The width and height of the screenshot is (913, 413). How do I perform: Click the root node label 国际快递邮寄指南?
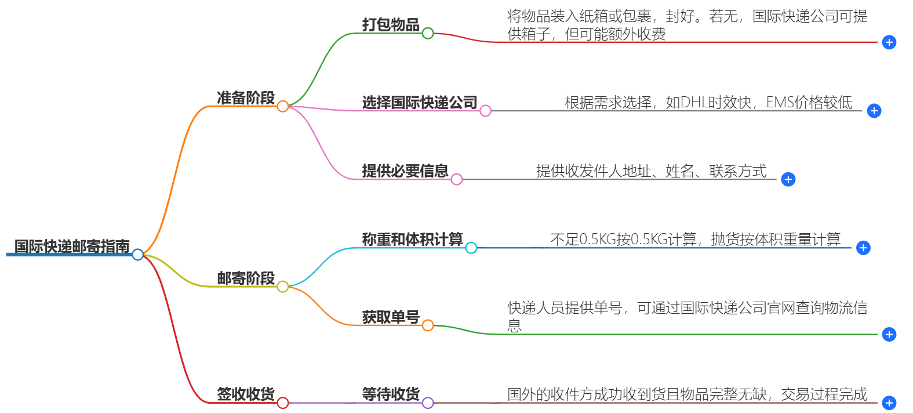pos(72,247)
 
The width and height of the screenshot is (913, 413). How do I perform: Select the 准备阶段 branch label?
pos(246,98)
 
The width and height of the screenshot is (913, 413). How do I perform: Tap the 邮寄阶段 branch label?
pos(246,278)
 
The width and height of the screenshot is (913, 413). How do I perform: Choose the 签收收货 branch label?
pos(246,394)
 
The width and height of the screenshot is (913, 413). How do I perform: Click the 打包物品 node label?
pos(391,25)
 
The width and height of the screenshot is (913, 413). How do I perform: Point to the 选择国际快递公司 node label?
pos(420,103)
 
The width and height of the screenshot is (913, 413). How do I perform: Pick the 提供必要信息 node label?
pos(405,171)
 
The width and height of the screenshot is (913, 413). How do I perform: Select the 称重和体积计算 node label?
pos(412,240)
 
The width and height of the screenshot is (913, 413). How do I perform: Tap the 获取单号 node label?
pos(391,317)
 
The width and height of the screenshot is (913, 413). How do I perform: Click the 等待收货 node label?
pos(391,394)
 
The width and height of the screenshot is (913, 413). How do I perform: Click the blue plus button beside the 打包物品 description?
pos(889,42)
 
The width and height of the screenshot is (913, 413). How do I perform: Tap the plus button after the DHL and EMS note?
pos(874,111)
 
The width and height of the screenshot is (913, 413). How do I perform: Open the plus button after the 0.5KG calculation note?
pos(863,248)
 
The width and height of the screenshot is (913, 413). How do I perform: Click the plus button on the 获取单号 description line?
pos(889,334)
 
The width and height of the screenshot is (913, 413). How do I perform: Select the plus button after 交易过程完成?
pos(889,403)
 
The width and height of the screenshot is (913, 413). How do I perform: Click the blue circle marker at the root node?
pos(137,255)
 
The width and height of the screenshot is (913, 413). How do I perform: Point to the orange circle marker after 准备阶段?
pos(282,106)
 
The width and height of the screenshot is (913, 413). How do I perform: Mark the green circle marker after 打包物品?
pos(428,33)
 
